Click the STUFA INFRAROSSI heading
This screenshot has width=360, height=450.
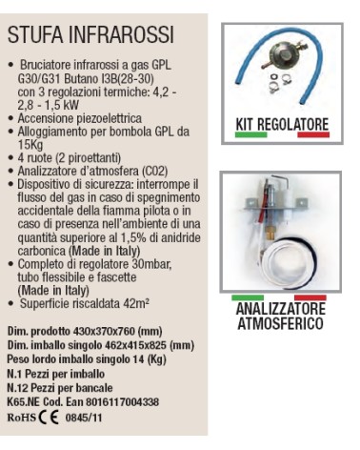(90, 36)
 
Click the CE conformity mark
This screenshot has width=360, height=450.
(55, 416)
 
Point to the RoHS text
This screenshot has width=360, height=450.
(25, 416)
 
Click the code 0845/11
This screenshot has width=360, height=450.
(87, 417)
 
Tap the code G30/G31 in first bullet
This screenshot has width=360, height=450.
(38, 79)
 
